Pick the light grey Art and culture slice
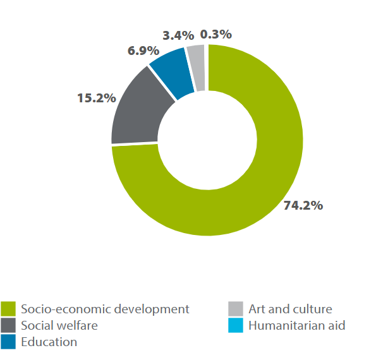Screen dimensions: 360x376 (x=196, y=59)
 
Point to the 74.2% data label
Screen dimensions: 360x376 (x=303, y=205)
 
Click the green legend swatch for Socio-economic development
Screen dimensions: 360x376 (x=8, y=309)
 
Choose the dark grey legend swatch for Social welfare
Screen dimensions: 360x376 (x=8, y=326)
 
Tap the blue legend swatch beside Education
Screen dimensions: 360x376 (x=8, y=342)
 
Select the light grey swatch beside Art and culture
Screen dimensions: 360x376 (x=235, y=309)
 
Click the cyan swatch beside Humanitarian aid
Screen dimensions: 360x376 (x=235, y=326)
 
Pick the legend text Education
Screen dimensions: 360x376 (x=49, y=342)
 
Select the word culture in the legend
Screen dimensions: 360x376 (x=312, y=309)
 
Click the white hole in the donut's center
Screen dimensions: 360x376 (x=207, y=140)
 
